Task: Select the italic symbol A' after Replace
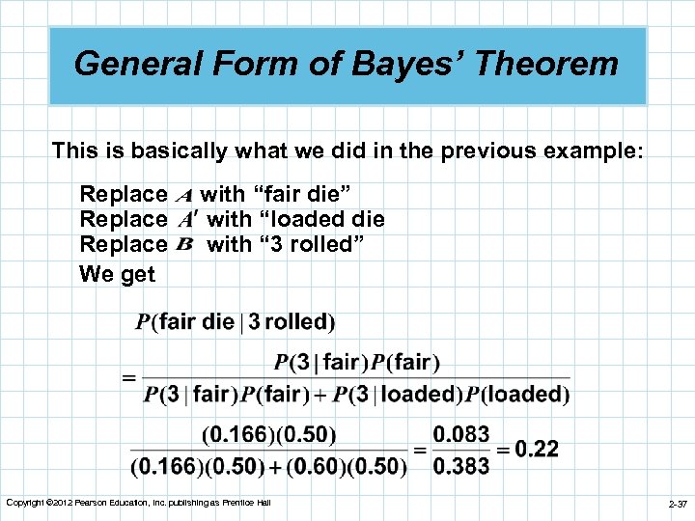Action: coord(189,220)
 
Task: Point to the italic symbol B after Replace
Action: coord(187,244)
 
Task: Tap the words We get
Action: coord(117,273)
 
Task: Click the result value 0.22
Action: coord(536,450)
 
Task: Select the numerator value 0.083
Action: coord(460,435)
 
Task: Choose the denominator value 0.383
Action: coord(460,466)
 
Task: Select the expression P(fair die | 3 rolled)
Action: coord(236,321)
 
